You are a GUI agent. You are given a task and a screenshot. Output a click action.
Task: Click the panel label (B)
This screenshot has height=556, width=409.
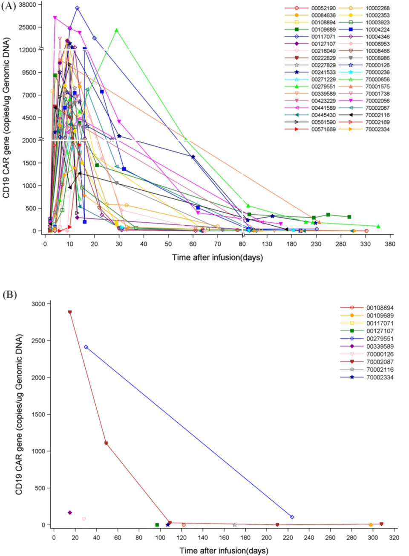pos(9,294)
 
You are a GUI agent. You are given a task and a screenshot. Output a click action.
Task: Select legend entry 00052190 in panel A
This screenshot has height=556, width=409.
pos(323,8)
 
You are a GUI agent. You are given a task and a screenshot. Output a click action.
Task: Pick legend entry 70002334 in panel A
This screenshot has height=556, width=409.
pos(377,129)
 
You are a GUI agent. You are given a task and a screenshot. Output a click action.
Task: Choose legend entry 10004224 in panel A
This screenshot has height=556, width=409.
pos(377,29)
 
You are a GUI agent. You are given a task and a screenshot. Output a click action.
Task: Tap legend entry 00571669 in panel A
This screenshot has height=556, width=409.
pos(323,129)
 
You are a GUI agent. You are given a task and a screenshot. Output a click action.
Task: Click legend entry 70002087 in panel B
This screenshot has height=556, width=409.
pos(380,362)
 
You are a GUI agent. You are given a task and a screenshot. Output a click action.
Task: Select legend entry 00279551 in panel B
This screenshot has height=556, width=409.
pos(380,338)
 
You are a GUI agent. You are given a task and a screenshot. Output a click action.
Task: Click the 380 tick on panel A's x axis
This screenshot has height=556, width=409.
pos(390,244)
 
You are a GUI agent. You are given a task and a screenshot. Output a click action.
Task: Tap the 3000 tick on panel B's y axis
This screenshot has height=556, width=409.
pos(38,304)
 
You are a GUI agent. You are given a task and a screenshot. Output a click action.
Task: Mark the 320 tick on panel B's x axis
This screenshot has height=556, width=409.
pos(394,538)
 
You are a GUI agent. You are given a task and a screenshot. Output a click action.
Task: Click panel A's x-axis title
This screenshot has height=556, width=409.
pos(217,257)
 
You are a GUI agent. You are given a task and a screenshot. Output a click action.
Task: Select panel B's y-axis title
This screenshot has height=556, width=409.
pos(19,414)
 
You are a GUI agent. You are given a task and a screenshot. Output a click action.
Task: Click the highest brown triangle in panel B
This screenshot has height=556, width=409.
pos(70,312)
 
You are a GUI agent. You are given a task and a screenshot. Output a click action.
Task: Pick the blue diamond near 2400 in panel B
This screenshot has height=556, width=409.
pos(86,347)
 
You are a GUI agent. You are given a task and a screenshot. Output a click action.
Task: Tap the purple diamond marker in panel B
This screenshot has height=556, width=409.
pos(70,512)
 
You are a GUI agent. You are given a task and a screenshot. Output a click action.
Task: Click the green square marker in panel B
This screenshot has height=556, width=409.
pos(157,525)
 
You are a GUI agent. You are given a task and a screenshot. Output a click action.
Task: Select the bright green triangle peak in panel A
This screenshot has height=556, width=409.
pos(116,30)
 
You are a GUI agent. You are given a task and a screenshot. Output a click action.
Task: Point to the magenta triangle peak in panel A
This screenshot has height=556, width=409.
pos(55,17)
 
